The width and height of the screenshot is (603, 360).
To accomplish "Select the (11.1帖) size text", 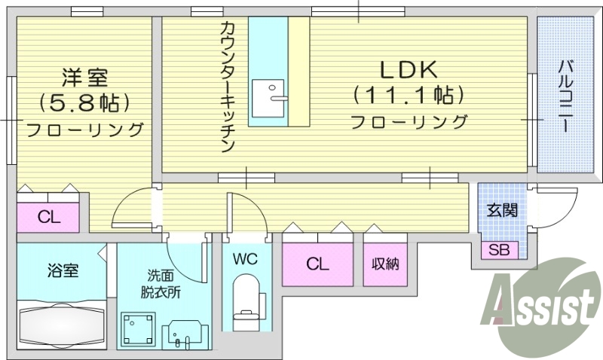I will click(407, 96).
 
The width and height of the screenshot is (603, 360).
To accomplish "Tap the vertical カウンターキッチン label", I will click(228, 86).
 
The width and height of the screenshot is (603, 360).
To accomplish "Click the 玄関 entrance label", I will click(501, 210).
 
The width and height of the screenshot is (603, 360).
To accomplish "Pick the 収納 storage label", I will click(384, 264).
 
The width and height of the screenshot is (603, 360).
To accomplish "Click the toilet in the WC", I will click(246, 300).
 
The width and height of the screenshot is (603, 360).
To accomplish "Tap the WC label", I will click(245, 260).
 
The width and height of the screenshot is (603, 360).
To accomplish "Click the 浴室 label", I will click(63, 270).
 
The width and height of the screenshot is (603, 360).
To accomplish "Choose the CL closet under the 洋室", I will click(49, 218).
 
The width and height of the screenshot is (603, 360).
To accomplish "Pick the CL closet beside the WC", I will click(317, 264).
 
